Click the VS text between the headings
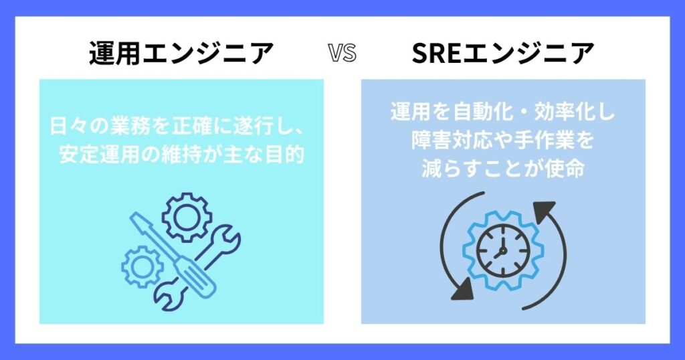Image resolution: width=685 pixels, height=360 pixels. click(x=342, y=54)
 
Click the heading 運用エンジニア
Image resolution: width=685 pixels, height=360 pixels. click(x=181, y=54)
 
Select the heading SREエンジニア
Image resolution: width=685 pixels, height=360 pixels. click(x=503, y=54)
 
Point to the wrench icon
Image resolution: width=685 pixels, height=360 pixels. click(x=197, y=268)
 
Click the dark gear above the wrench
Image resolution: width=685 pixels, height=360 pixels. click(x=187, y=217)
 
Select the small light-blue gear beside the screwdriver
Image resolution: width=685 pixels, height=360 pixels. click(x=142, y=267)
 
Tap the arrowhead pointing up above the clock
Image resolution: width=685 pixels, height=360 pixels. click(x=543, y=209)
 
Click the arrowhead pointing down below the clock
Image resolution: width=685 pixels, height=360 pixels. click(x=463, y=290)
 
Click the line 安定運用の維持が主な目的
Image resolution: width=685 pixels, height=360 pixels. click(x=181, y=155)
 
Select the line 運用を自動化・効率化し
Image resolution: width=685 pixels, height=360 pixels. click(x=503, y=112)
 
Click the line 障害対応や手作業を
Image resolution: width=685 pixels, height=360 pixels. click(x=503, y=141)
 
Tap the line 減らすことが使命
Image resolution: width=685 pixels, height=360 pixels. click(x=503, y=169)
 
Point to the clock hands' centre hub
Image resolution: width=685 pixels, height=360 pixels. click(x=502, y=251)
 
